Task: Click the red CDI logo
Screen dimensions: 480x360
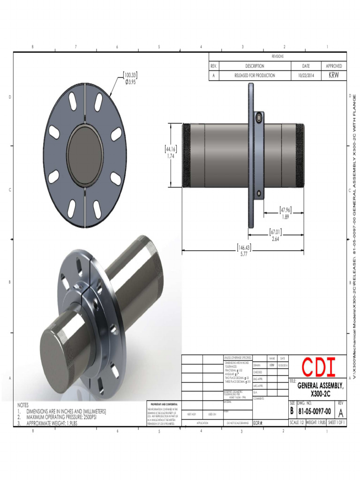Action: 318,367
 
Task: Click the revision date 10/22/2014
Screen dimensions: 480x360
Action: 307,75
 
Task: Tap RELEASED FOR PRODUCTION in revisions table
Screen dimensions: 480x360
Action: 255,75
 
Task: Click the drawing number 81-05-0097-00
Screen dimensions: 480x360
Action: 315,412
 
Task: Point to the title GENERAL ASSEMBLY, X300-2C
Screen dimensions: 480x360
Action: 321,389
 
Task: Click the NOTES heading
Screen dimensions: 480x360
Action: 23,405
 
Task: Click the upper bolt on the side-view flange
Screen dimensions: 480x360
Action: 258,119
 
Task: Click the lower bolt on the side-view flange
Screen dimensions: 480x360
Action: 258,192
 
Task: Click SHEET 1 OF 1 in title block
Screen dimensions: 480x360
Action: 337,422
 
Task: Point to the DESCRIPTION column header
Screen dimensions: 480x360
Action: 255,66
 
